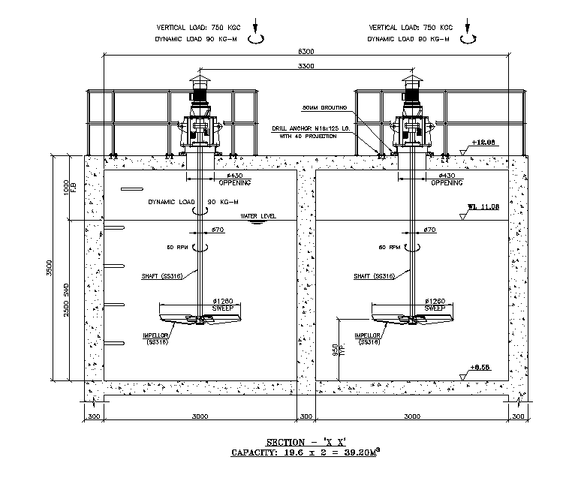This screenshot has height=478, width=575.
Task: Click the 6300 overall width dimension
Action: (x=306, y=51)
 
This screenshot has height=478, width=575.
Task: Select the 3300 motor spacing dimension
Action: (x=306, y=67)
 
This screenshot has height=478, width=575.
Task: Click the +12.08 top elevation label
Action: (x=480, y=143)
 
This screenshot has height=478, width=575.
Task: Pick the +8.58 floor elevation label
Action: (x=480, y=367)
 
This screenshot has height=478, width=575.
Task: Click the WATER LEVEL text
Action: (x=258, y=216)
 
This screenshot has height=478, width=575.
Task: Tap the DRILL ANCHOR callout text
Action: (x=310, y=129)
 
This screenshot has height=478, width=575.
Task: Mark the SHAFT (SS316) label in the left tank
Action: (x=162, y=276)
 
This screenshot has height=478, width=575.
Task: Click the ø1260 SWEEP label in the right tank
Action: (x=435, y=305)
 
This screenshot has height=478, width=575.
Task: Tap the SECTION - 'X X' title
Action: (x=306, y=442)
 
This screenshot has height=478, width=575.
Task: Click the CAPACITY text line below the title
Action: (x=306, y=453)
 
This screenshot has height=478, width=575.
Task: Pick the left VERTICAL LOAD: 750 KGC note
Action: (x=194, y=27)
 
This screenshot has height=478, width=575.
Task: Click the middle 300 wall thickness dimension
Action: (x=306, y=416)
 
